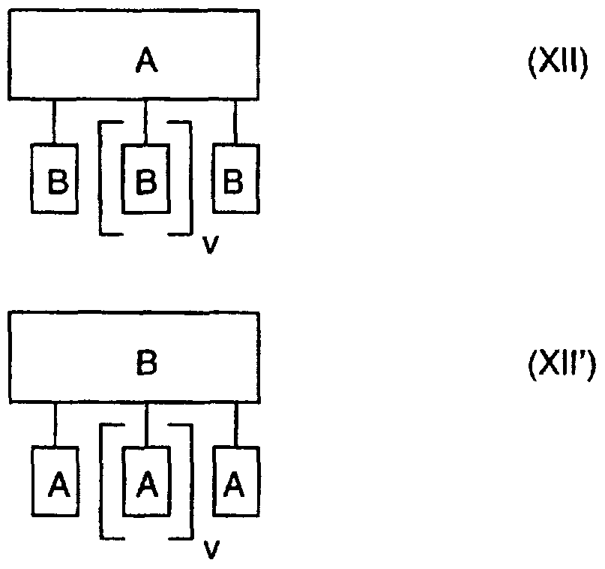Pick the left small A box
[x=55, y=482]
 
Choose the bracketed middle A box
[x=146, y=482]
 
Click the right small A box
[x=236, y=482]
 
